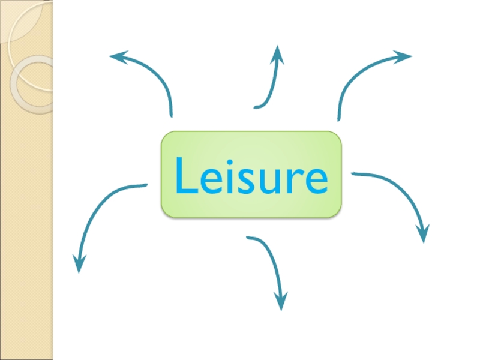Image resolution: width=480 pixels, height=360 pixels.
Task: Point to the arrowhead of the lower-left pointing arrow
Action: [x=79, y=264]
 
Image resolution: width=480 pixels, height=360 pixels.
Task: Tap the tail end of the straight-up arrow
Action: [x=256, y=107]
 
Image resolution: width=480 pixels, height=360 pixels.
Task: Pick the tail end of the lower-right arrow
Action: [x=353, y=174]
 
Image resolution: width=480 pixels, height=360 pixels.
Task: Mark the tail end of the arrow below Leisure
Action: [x=248, y=238]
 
